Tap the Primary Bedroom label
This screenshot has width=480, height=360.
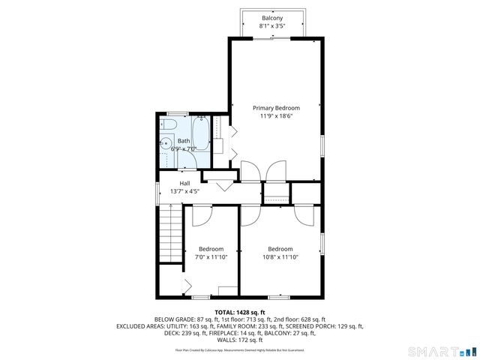(x=275, y=108)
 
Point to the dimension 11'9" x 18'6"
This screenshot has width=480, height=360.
(x=275, y=116)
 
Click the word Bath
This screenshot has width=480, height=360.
(x=184, y=141)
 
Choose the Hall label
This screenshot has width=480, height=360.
(x=184, y=183)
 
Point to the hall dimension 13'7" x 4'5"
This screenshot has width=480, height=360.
(x=184, y=191)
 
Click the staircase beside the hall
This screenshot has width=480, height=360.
(x=171, y=232)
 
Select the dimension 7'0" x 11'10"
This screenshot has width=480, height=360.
(x=211, y=257)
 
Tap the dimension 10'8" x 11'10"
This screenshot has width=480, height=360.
(x=280, y=257)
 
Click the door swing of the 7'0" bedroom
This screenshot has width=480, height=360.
(x=201, y=215)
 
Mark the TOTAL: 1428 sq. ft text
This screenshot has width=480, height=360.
(x=240, y=312)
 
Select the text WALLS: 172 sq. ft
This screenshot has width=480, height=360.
(x=240, y=340)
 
